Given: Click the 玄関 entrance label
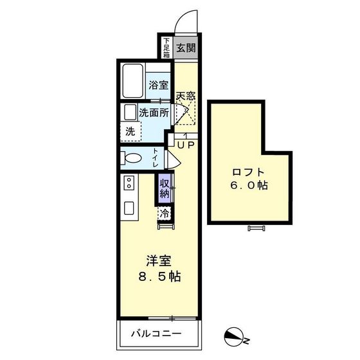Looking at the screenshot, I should (x=186, y=48).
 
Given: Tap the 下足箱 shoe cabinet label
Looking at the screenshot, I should (x=166, y=48).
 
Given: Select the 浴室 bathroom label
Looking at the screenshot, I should (x=158, y=85).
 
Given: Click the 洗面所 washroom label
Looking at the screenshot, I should (x=154, y=113).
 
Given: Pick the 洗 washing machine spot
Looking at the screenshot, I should (x=130, y=131).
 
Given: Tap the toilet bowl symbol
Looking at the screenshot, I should (x=132, y=159).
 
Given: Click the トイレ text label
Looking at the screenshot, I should (x=156, y=158).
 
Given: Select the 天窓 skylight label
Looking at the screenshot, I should (x=186, y=95).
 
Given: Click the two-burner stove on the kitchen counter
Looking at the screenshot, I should (x=128, y=184).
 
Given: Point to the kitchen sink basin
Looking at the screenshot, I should (x=129, y=209).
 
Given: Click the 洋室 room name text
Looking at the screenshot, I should (x=158, y=261).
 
